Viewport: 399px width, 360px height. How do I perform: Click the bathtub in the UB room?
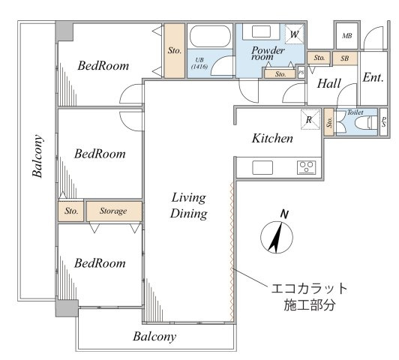(x=210, y=36)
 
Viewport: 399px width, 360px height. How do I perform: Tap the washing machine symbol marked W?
(x=294, y=34)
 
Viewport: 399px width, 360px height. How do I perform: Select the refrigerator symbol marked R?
(x=310, y=119)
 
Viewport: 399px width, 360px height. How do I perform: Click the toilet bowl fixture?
(x=366, y=122)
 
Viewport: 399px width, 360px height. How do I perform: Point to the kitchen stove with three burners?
(x=306, y=167)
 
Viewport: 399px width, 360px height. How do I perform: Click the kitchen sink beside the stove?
(x=262, y=167)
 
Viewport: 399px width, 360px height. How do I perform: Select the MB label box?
(x=347, y=36)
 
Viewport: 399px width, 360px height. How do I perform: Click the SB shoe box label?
(x=345, y=58)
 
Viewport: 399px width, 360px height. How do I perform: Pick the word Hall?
(x=329, y=83)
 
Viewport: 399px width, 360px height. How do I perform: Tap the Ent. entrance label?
(x=373, y=77)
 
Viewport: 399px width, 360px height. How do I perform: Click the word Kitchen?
(x=272, y=138)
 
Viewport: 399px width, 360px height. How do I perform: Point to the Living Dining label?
(x=188, y=205)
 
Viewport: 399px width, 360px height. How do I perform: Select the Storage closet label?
(x=113, y=211)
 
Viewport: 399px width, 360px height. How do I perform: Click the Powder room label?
(x=268, y=53)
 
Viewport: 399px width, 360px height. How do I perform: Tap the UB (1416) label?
(x=199, y=63)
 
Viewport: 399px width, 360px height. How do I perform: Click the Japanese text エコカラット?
(x=309, y=289)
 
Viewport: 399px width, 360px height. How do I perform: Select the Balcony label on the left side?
(x=37, y=156)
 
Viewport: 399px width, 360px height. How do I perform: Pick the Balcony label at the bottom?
(x=154, y=337)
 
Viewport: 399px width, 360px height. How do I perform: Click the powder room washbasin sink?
(x=261, y=31)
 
